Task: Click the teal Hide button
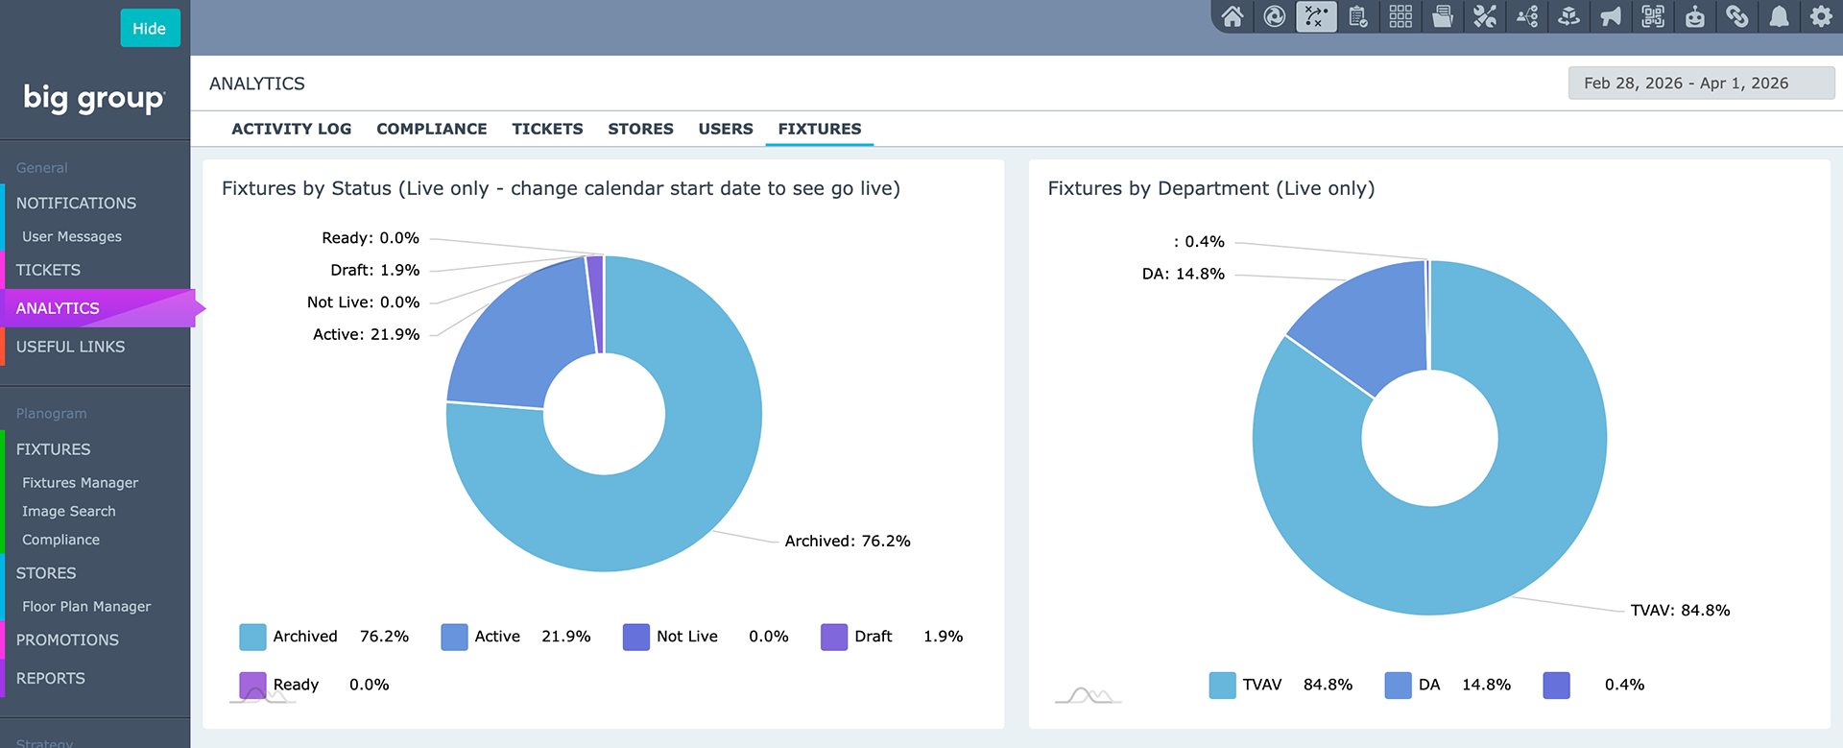click(x=150, y=28)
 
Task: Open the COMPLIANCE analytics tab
click(x=432, y=129)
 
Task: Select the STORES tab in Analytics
click(x=640, y=129)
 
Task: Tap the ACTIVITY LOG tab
click(x=292, y=129)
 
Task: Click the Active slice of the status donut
click(x=518, y=336)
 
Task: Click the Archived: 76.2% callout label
click(x=848, y=542)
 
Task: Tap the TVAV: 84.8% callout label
click(x=1680, y=611)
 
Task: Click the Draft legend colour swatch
click(x=834, y=637)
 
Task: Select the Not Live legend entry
click(x=687, y=637)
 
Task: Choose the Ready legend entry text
click(x=296, y=685)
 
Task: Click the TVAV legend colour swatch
click(x=1222, y=685)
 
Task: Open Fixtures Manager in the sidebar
click(x=80, y=483)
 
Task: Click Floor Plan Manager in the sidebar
click(x=86, y=607)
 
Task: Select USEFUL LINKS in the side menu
click(x=70, y=347)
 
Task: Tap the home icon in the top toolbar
click(x=1233, y=16)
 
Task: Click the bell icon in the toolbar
click(x=1779, y=16)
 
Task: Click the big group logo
click(x=94, y=99)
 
